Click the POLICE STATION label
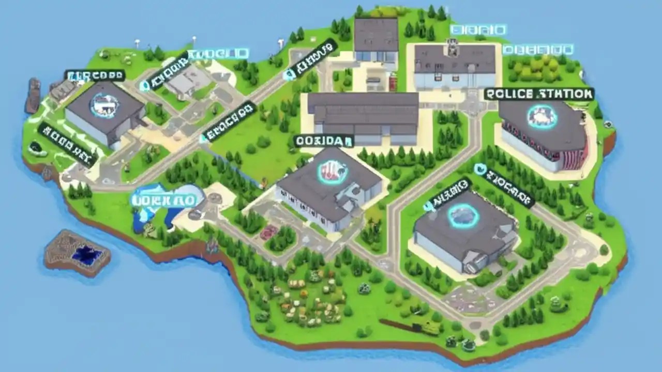539,94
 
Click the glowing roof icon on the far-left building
104,105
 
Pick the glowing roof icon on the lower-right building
463,215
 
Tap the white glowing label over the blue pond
163,200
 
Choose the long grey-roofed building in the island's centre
364,116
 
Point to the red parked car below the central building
268,233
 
